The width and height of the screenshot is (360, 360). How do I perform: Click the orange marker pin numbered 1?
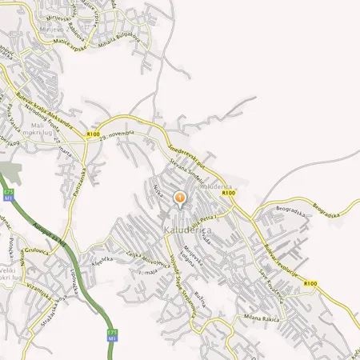pyautogui.click(x=180, y=198)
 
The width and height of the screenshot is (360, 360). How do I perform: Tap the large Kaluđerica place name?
pyautogui.click(x=186, y=230)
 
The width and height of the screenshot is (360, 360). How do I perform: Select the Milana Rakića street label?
pyautogui.click(x=261, y=321)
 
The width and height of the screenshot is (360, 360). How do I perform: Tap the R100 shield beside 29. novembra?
pyautogui.click(x=94, y=135)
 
